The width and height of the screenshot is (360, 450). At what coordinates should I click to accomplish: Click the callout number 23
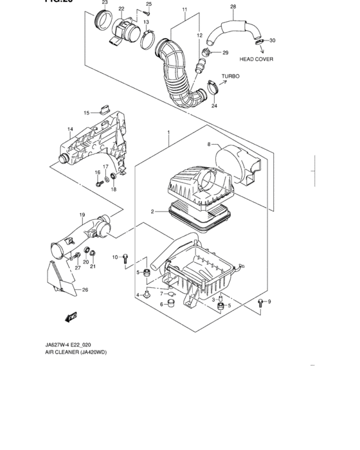[105, 3]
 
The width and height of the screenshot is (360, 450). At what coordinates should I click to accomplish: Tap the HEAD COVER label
[256, 59]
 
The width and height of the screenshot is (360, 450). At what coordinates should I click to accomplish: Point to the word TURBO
[230, 76]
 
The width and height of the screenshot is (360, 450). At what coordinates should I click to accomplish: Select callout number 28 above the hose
[233, 6]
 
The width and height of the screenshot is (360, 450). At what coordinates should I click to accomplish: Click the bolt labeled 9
[260, 304]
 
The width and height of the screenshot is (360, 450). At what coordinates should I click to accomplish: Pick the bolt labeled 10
[126, 258]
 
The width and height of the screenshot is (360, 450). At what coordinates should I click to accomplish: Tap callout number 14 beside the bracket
[71, 130]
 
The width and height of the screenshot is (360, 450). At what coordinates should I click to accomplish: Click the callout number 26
[84, 290]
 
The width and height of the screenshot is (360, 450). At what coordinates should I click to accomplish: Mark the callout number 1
[168, 133]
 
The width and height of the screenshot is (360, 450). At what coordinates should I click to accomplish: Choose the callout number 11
[184, 10]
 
